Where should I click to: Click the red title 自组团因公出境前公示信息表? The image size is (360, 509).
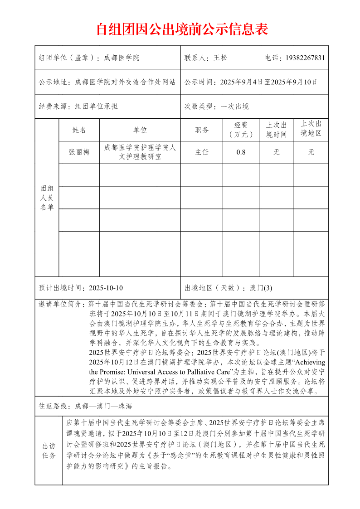[182, 29]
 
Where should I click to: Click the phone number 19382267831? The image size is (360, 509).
[305, 58]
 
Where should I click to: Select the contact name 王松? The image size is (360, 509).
[220, 58]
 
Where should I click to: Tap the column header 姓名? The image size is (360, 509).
[79, 130]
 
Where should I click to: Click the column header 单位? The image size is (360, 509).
[140, 130]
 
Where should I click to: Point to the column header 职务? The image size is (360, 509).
[202, 130]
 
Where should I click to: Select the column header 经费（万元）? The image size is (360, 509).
[241, 130]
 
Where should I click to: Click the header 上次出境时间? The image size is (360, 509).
[276, 130]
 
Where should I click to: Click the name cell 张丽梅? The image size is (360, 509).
[79, 152]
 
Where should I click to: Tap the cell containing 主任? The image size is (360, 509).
[202, 152]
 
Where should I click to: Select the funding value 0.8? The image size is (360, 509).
[241, 152]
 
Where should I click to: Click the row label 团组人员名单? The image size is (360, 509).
[47, 198]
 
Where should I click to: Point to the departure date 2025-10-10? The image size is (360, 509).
[106, 288]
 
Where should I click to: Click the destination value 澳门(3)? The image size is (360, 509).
[261, 288]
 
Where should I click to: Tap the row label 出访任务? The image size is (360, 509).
[49, 451]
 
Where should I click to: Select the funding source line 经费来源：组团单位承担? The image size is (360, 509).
[78, 107]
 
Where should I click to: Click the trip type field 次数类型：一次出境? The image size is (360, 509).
[217, 107]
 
